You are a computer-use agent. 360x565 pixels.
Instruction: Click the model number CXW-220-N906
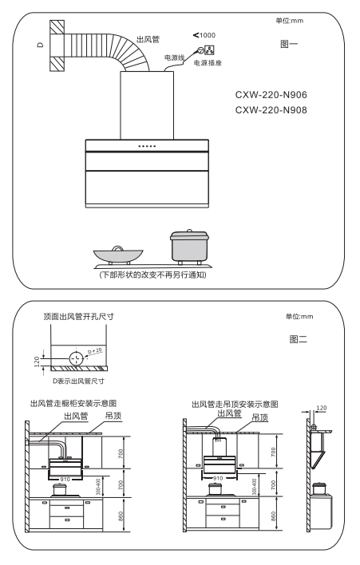coord(271,95)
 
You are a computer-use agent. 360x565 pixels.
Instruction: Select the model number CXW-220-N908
coord(271,110)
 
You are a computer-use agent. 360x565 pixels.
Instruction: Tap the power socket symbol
coord(209,49)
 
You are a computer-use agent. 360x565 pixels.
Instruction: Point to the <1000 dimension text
coord(204,35)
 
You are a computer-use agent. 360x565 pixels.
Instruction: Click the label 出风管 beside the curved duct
coord(148,39)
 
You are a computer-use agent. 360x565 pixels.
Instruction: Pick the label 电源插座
coord(208,63)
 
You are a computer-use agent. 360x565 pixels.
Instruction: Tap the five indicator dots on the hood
coord(147,146)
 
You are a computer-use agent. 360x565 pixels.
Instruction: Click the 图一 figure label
coord(289,44)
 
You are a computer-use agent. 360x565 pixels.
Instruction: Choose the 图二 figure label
coord(298,339)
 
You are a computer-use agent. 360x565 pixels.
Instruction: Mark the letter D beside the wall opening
coord(41,45)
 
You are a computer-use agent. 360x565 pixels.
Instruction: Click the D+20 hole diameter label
coord(95,350)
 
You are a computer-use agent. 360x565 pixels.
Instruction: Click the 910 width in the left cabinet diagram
coord(65,480)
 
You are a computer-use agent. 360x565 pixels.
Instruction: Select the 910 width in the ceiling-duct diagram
coord(218,478)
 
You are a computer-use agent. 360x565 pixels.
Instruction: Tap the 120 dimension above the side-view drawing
coord(322,408)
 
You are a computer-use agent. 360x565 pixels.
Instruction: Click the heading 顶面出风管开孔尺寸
coord(78,316)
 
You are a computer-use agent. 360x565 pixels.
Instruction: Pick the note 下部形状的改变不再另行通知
coord(152,275)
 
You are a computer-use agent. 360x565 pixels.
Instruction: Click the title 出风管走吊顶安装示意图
coord(235,405)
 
